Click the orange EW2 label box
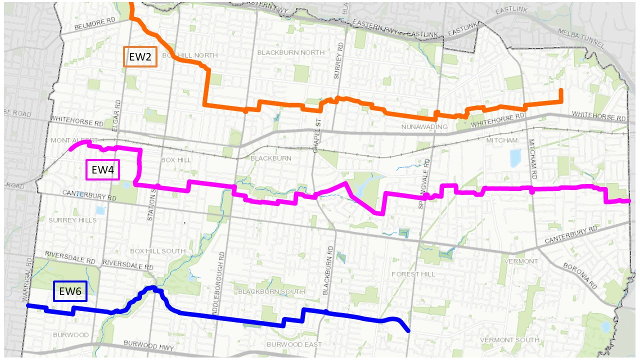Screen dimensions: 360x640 tap(140, 57)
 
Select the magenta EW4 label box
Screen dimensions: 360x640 tap(102, 170)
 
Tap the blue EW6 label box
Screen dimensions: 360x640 tap(70, 291)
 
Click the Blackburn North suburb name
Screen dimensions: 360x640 tap(290, 52)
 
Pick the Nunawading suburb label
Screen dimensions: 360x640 tap(424, 127)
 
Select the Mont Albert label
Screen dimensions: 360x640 tap(74, 140)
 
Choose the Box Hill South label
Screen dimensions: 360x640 tap(157, 251)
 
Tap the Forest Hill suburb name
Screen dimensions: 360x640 tap(414, 274)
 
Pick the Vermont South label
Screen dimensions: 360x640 tap(509, 340)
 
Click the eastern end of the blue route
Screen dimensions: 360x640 tap(408, 330)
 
